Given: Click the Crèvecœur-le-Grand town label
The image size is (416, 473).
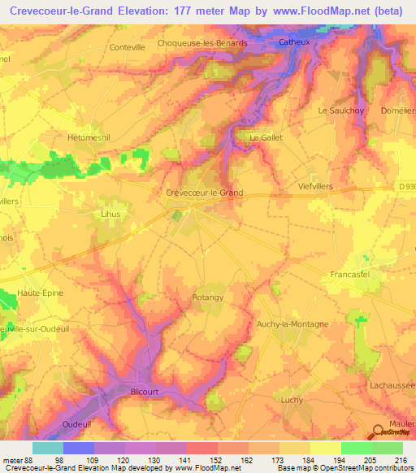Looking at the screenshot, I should coord(204,193).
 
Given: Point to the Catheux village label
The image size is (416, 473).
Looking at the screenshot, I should coord(294,41).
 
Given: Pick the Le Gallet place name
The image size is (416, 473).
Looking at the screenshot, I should coord(266,138).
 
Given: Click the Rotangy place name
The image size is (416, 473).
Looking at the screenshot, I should coord(207,297).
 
